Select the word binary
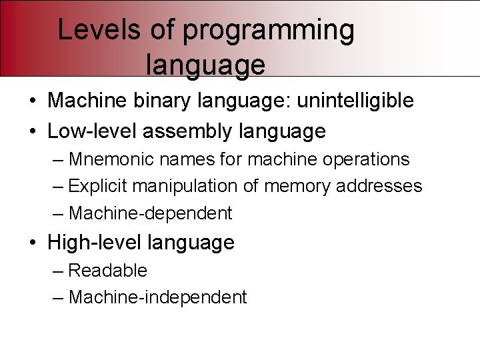click(x=171, y=101)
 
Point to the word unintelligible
click(x=355, y=101)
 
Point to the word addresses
click(x=379, y=186)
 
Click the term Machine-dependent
click(x=151, y=213)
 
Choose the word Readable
click(x=108, y=271)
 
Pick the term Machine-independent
click(x=157, y=297)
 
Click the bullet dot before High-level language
click(x=33, y=243)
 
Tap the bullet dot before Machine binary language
click(x=33, y=101)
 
